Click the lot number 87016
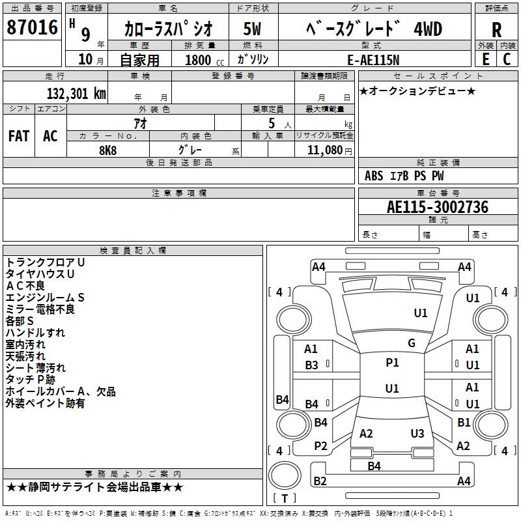(x=31, y=29)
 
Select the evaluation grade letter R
(x=496, y=30)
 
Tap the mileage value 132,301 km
(x=76, y=94)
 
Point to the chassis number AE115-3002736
(x=438, y=207)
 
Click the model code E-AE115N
(x=374, y=59)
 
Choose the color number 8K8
(x=107, y=149)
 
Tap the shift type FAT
(x=18, y=136)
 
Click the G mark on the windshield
(x=412, y=343)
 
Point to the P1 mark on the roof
(x=392, y=363)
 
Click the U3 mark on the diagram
(x=417, y=434)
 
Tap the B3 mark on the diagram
(x=312, y=365)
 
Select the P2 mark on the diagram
(x=320, y=445)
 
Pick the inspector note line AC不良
(x=25, y=285)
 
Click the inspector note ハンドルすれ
(x=35, y=332)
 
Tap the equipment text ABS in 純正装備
(x=374, y=176)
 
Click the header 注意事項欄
(x=178, y=193)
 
